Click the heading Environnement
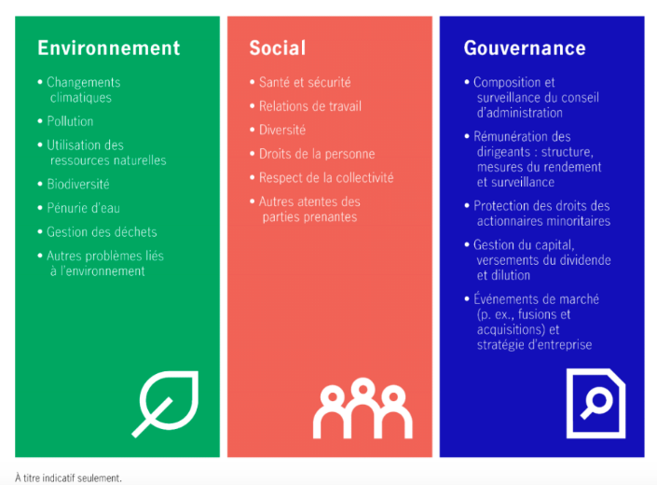click(109, 48)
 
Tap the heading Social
click(278, 48)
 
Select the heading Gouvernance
click(525, 48)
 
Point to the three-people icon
click(363, 409)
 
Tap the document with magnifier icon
click(595, 403)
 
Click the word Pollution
click(70, 121)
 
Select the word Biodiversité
click(78, 185)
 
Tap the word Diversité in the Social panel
click(282, 131)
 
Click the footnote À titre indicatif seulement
click(68, 478)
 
